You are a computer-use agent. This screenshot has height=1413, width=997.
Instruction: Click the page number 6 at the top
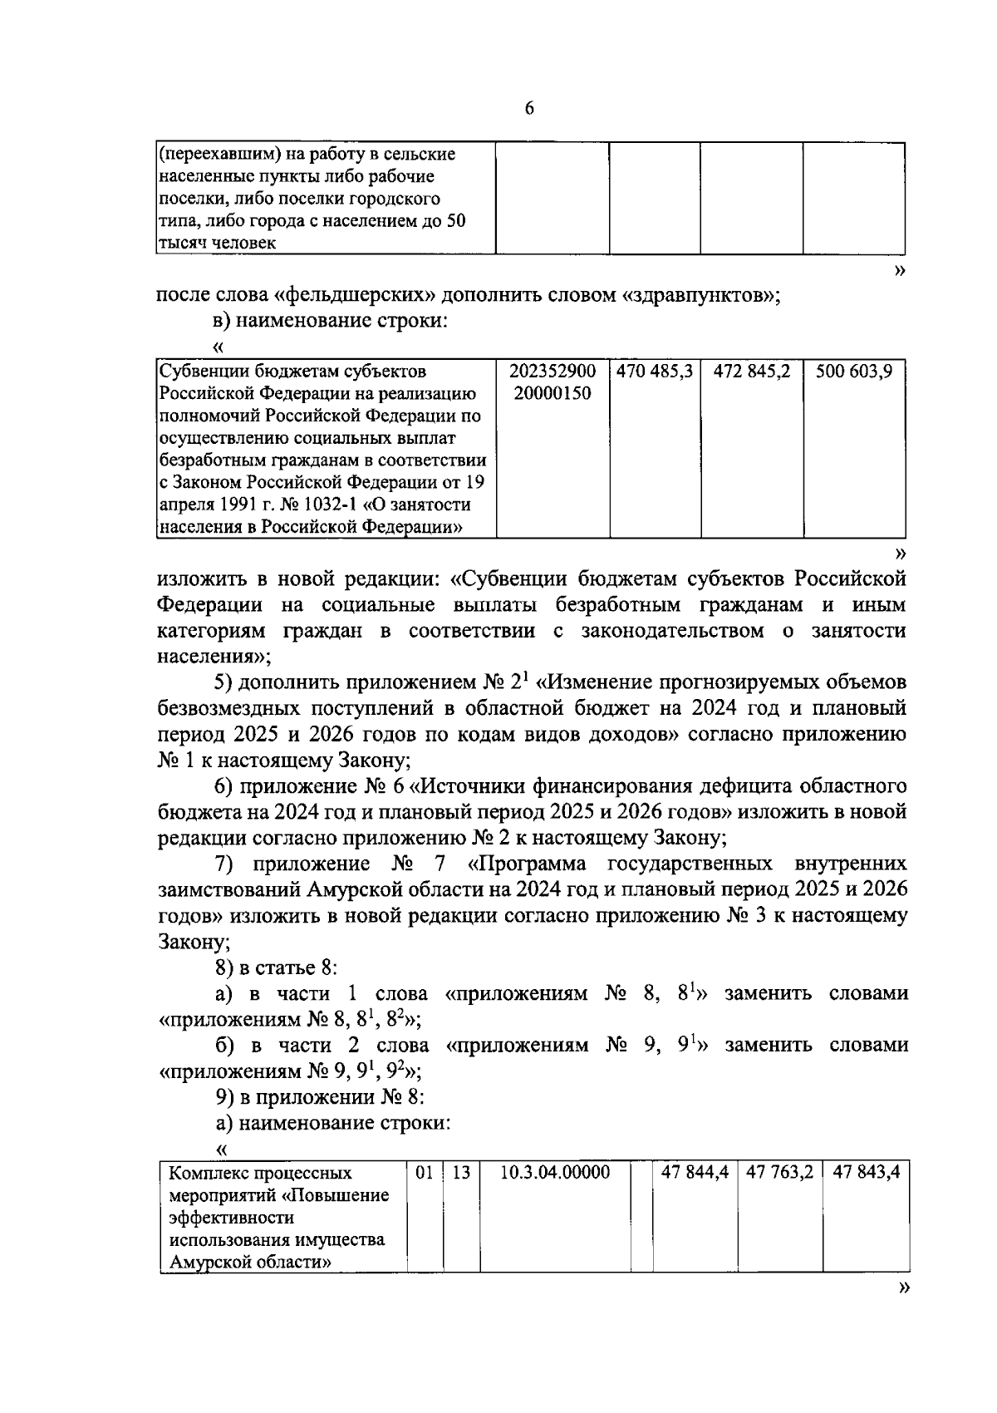(529, 110)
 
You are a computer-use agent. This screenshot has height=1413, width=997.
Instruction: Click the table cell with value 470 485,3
(655, 372)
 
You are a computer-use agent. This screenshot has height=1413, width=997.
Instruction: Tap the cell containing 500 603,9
(853, 372)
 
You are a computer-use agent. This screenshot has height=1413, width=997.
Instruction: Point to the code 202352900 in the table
(553, 372)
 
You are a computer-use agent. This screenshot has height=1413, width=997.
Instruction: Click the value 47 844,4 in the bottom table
(695, 1173)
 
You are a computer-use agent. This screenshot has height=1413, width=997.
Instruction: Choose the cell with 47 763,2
(779, 1173)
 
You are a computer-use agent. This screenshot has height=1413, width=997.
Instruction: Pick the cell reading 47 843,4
(865, 1173)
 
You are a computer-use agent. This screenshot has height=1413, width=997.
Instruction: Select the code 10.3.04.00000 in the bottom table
(556, 1173)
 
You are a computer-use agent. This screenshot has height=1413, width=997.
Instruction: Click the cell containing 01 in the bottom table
(425, 1173)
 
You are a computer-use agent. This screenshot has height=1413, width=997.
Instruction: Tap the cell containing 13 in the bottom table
(461, 1173)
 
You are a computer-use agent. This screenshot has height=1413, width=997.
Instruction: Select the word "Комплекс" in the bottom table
(206, 1174)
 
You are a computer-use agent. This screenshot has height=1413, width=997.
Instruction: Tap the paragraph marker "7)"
(224, 863)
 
